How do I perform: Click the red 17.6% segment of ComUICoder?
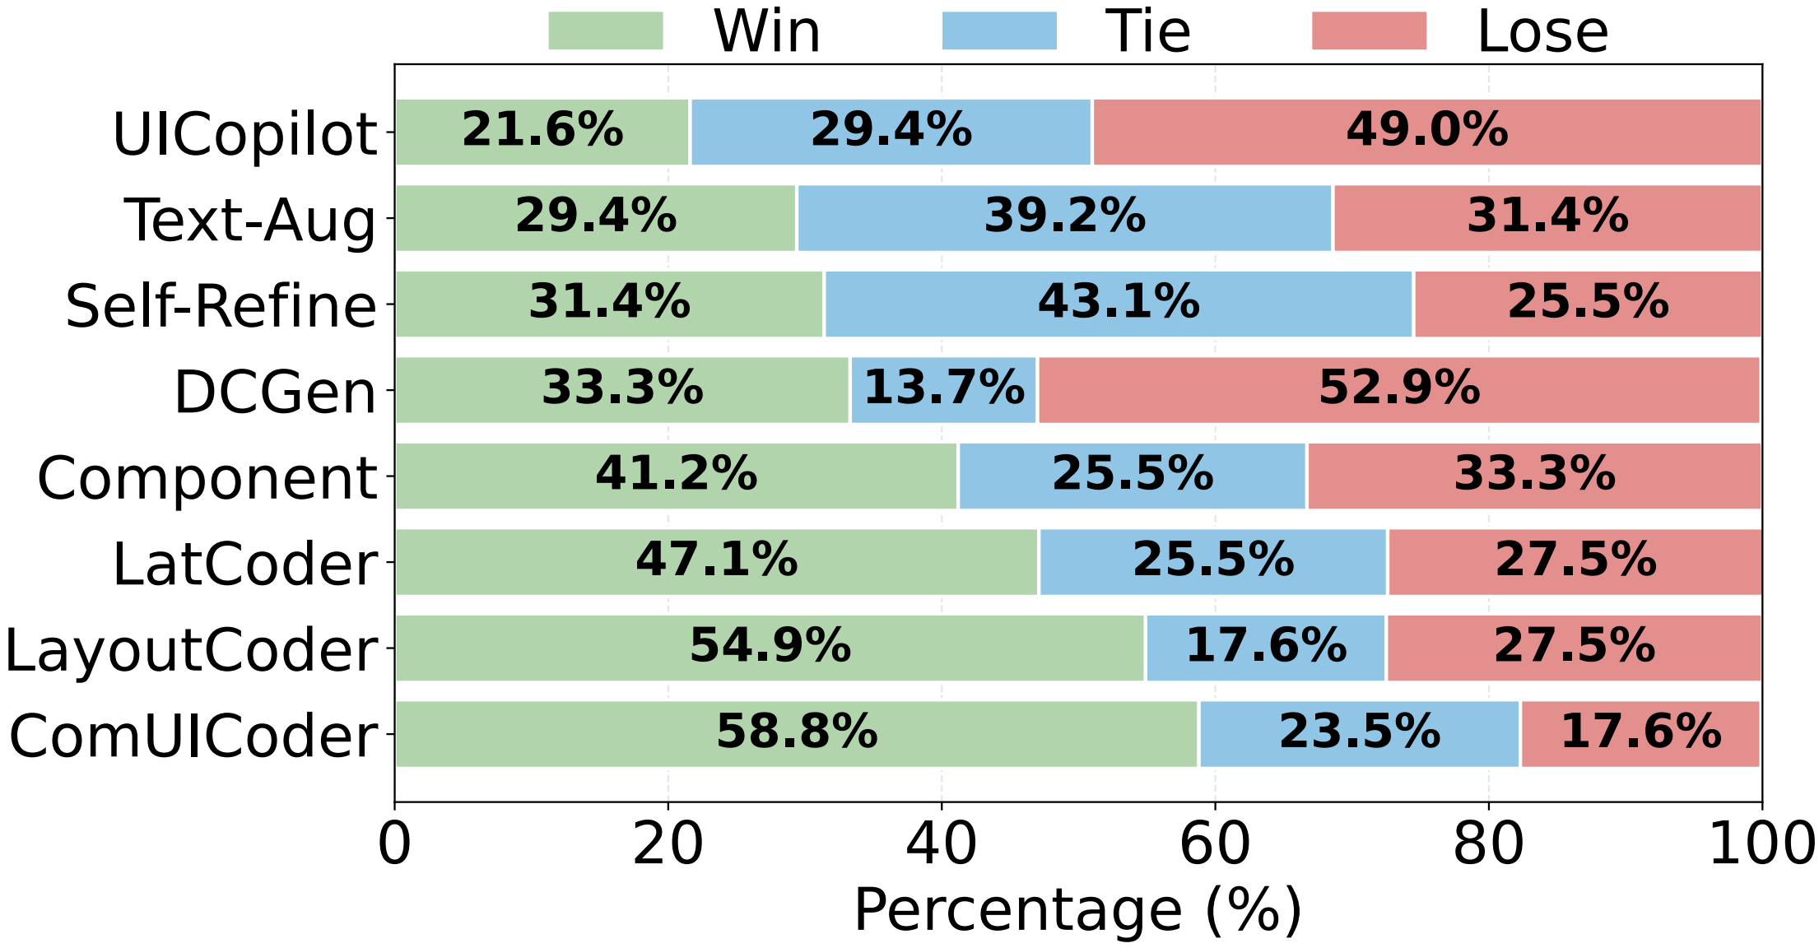pyautogui.click(x=1640, y=732)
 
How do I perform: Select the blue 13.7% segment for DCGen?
pyautogui.click(x=943, y=388)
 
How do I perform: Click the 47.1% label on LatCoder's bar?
pyautogui.click(x=716, y=560)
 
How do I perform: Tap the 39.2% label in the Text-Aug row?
pyautogui.click(x=1065, y=216)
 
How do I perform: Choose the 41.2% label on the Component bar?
pyautogui.click(x=676, y=474)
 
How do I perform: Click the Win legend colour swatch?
pyautogui.click(x=605, y=31)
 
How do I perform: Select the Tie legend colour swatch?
pyautogui.click(x=998, y=31)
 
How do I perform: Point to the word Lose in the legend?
pyautogui.click(x=1542, y=33)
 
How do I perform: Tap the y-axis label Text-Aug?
pyautogui.click(x=250, y=221)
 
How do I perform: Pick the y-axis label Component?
pyautogui.click(x=207, y=478)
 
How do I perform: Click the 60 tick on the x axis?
pyautogui.click(x=1215, y=844)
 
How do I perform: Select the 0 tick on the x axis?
pyautogui.click(x=394, y=844)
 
